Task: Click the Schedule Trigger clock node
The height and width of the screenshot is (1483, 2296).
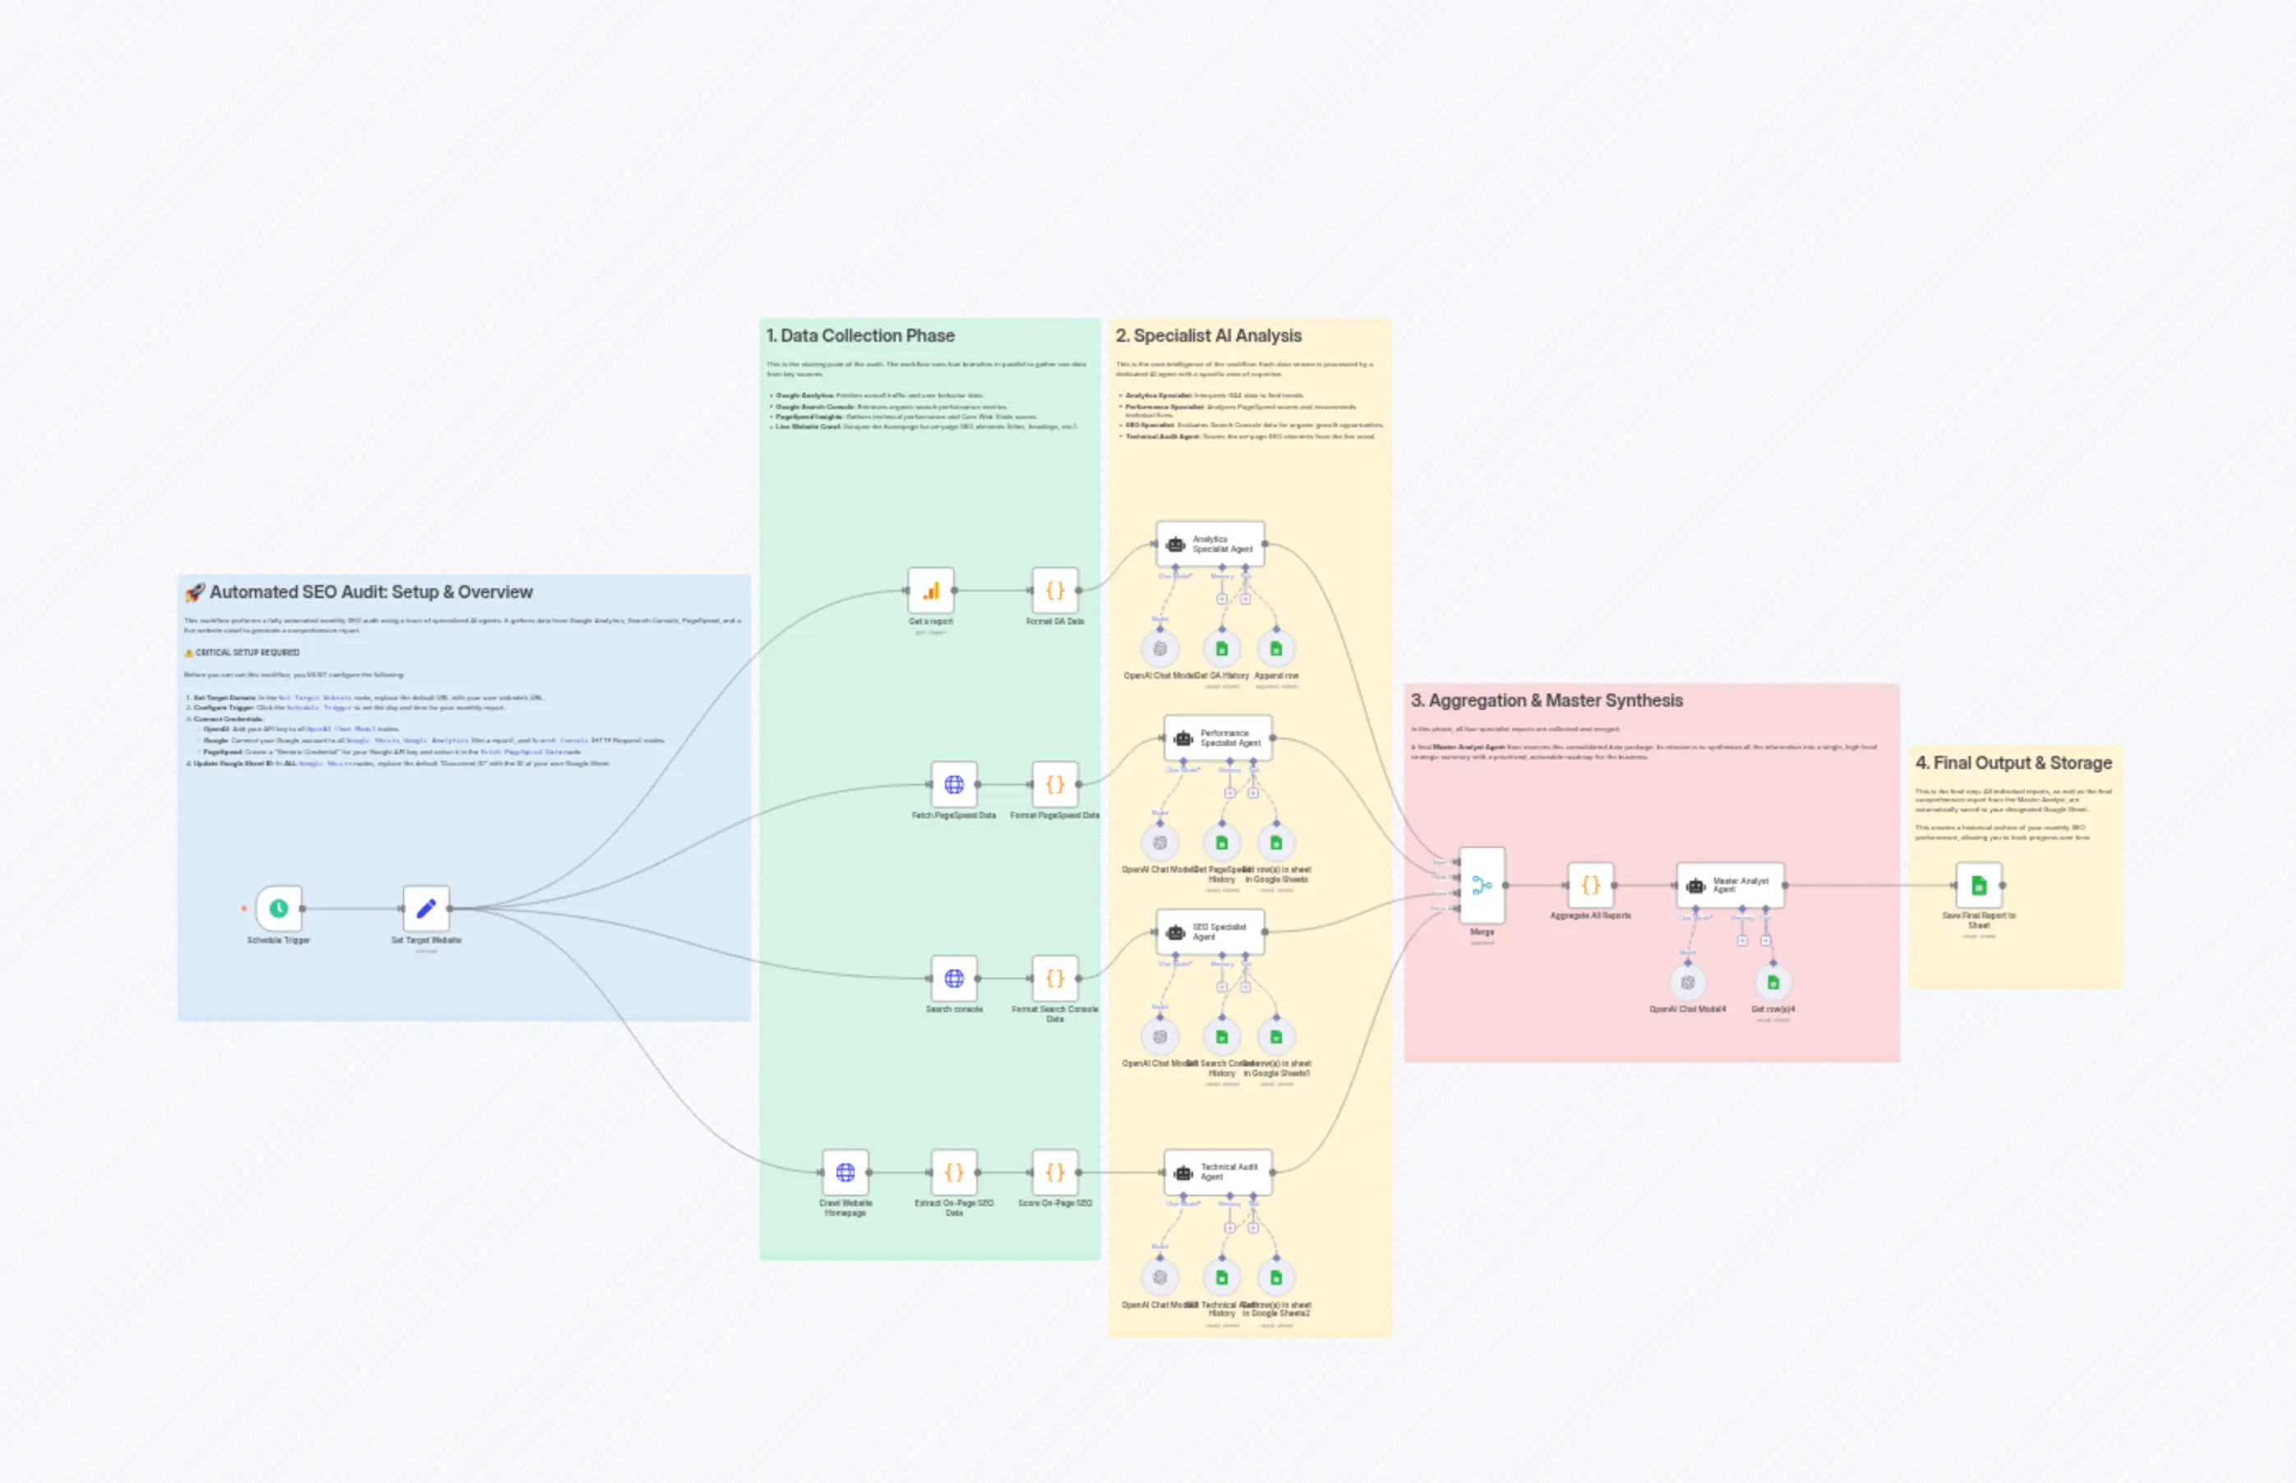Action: click(x=279, y=908)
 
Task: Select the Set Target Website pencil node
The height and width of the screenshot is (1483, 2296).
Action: click(x=426, y=908)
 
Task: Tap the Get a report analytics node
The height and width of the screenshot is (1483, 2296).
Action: click(x=930, y=590)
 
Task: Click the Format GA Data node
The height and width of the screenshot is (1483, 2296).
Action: click(x=1054, y=590)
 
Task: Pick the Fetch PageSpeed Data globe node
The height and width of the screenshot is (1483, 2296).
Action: click(x=953, y=785)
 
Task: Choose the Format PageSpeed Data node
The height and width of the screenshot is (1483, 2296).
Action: click(x=1054, y=785)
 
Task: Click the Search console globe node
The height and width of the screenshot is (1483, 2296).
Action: click(x=953, y=979)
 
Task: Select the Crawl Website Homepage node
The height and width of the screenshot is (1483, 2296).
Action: click(x=845, y=1172)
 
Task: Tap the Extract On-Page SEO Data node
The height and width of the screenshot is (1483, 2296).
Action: click(x=953, y=1172)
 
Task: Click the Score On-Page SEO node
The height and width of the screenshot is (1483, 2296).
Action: click(x=1054, y=1172)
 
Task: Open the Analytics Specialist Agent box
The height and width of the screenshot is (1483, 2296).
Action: click(x=1210, y=544)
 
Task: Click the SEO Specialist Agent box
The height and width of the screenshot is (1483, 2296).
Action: click(x=1210, y=933)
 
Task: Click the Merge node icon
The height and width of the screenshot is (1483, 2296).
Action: click(x=1482, y=885)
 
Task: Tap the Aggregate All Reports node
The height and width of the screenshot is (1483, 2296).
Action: click(x=1590, y=885)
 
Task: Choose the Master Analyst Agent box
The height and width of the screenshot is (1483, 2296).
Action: click(x=1730, y=885)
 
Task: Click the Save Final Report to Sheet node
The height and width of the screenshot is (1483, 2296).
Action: click(x=1978, y=885)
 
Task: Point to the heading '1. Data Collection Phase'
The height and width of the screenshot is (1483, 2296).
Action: click(x=860, y=336)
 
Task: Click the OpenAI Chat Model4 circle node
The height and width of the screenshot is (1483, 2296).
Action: click(x=1687, y=983)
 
